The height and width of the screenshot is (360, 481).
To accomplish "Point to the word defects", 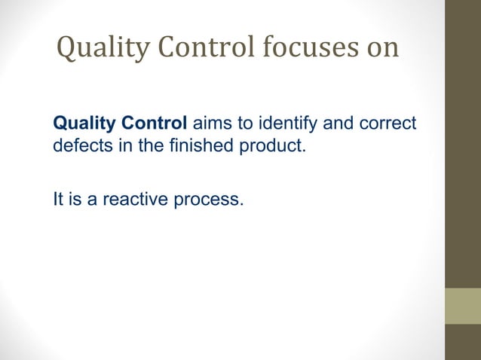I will [x=79, y=145].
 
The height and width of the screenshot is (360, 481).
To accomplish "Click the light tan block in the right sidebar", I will [x=463, y=306].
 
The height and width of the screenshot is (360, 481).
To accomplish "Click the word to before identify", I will [x=250, y=124].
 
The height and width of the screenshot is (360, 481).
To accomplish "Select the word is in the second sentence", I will [x=75, y=200].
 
